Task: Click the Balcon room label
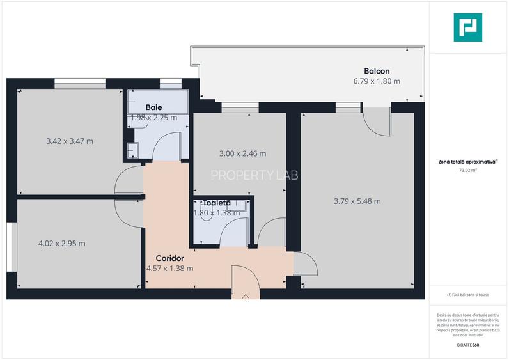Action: point(377,71)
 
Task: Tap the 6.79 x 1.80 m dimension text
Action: point(377,81)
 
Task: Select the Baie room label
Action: point(153,107)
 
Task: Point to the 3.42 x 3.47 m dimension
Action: point(70,141)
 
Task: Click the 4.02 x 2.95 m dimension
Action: point(61,243)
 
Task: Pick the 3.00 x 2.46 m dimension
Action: point(242,153)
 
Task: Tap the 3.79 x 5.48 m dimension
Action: point(357,201)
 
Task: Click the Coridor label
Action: point(169,258)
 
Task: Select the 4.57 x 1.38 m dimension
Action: point(169,269)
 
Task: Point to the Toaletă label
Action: point(216,203)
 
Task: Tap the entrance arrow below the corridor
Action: point(247,297)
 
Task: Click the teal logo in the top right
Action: point(468,28)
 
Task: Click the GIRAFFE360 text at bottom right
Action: point(468,345)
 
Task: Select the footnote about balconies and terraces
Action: point(468,295)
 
